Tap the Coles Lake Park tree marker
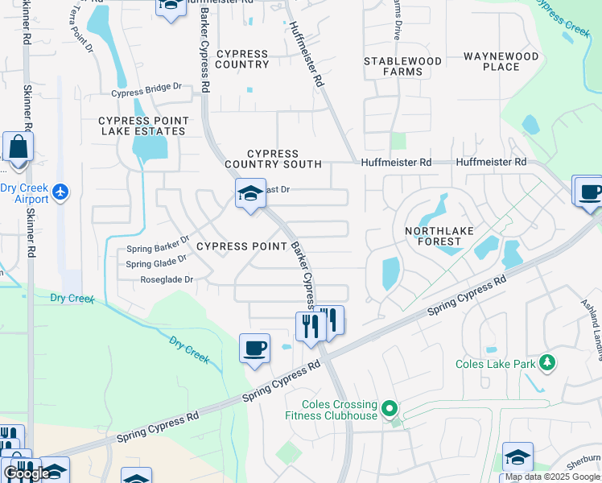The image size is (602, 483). [x=547, y=362]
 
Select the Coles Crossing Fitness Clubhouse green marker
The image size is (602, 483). [x=391, y=409]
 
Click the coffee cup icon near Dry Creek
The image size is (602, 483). [x=254, y=349]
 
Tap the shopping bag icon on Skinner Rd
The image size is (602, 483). [x=17, y=148]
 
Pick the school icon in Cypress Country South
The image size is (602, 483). [x=250, y=193]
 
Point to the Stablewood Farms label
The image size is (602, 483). [x=403, y=66]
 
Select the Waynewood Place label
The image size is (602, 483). [x=501, y=61]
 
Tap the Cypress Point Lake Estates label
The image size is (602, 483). [x=143, y=126]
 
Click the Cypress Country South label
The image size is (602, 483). [x=273, y=159]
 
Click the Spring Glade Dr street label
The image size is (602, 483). [x=156, y=263]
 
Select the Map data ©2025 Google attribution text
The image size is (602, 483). [x=552, y=477]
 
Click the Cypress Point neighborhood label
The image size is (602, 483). [x=241, y=246]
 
